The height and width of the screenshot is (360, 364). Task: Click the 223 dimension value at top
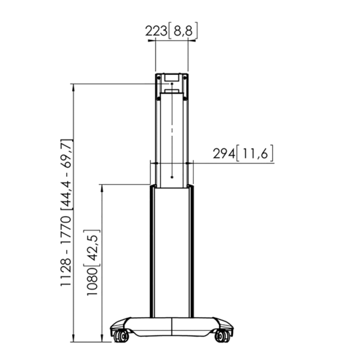pos(157,31)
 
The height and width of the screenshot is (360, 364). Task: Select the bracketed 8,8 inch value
pos(183,31)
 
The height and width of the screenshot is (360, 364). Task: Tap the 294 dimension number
pos(224,153)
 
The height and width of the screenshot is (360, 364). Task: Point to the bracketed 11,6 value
pos(255,153)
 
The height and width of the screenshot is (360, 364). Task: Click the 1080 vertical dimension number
pos(92,281)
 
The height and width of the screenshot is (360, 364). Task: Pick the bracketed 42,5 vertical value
pos(92,249)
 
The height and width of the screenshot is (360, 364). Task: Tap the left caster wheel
pos(120,336)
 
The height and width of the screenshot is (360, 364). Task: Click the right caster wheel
pos(223,336)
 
